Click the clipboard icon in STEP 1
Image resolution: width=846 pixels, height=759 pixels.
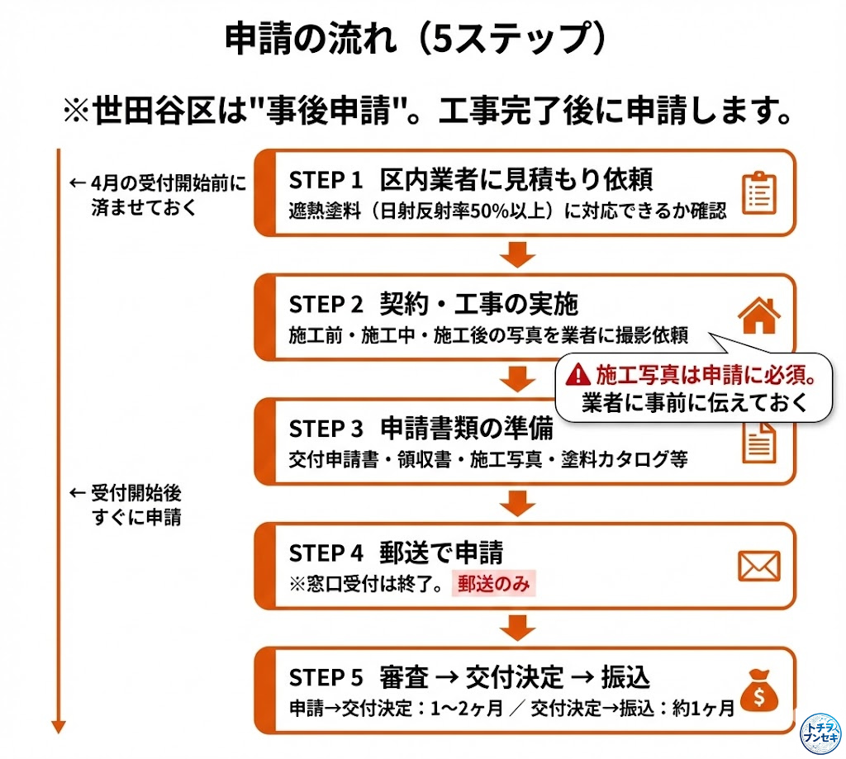coord(759,193)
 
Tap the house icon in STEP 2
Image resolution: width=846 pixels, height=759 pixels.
coord(759,315)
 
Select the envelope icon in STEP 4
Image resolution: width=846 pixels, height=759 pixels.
coord(759,566)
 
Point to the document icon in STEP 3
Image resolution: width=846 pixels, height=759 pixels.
coord(759,444)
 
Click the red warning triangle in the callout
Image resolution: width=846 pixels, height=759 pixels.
coord(577,374)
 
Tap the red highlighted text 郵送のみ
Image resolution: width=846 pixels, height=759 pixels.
coord(494,584)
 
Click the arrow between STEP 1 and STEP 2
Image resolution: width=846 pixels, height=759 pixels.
coord(517,254)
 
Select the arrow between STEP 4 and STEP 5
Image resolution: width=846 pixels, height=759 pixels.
coord(517,628)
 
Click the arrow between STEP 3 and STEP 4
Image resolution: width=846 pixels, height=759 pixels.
coord(517,503)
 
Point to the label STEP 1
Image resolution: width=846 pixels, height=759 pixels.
coord(326,180)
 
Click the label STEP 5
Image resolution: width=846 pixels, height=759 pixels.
coord(326,678)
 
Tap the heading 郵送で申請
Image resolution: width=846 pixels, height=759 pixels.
coord(441,553)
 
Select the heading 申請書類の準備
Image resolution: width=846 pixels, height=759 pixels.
coord(467,429)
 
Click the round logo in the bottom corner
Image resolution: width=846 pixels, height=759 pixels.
coord(820,733)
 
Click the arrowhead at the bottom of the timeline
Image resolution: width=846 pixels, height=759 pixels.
coord(59,727)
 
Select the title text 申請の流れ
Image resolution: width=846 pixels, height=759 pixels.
coord(311,38)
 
